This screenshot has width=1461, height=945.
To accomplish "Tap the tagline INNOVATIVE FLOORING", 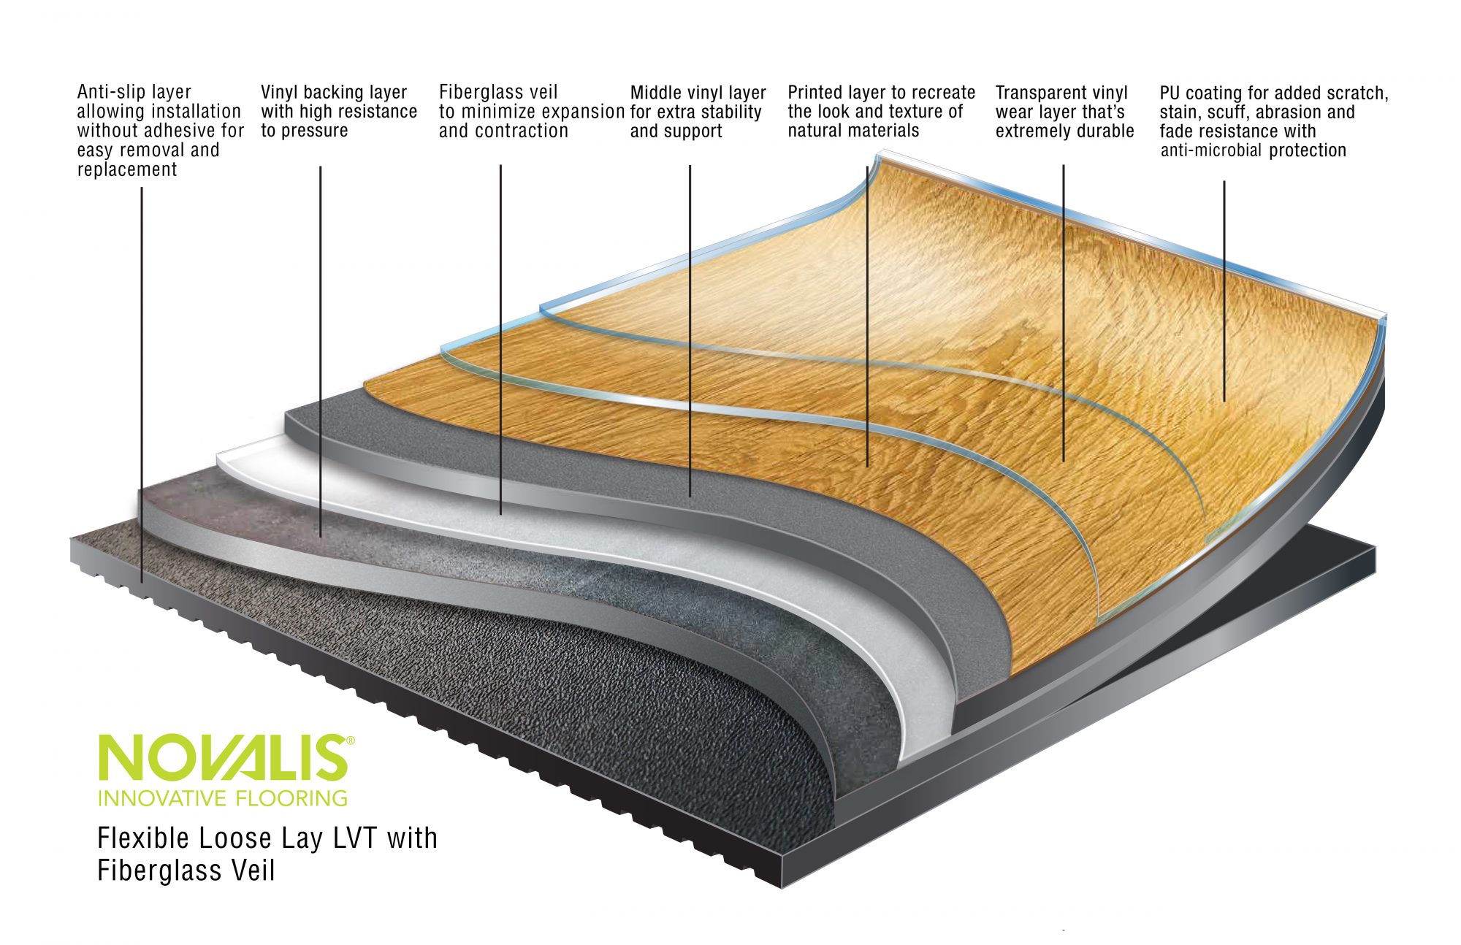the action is [223, 798].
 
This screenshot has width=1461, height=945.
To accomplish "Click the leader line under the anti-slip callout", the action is [142, 380].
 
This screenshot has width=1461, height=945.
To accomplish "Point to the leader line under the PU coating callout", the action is [1224, 292].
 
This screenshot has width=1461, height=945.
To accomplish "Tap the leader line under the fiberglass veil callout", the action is [500, 336].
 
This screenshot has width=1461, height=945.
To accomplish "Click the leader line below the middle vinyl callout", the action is [690, 329].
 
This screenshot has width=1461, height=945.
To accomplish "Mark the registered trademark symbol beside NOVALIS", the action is [351, 741].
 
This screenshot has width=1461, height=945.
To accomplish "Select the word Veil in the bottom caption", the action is [251, 871].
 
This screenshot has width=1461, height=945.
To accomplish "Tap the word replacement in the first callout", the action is [127, 169].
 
